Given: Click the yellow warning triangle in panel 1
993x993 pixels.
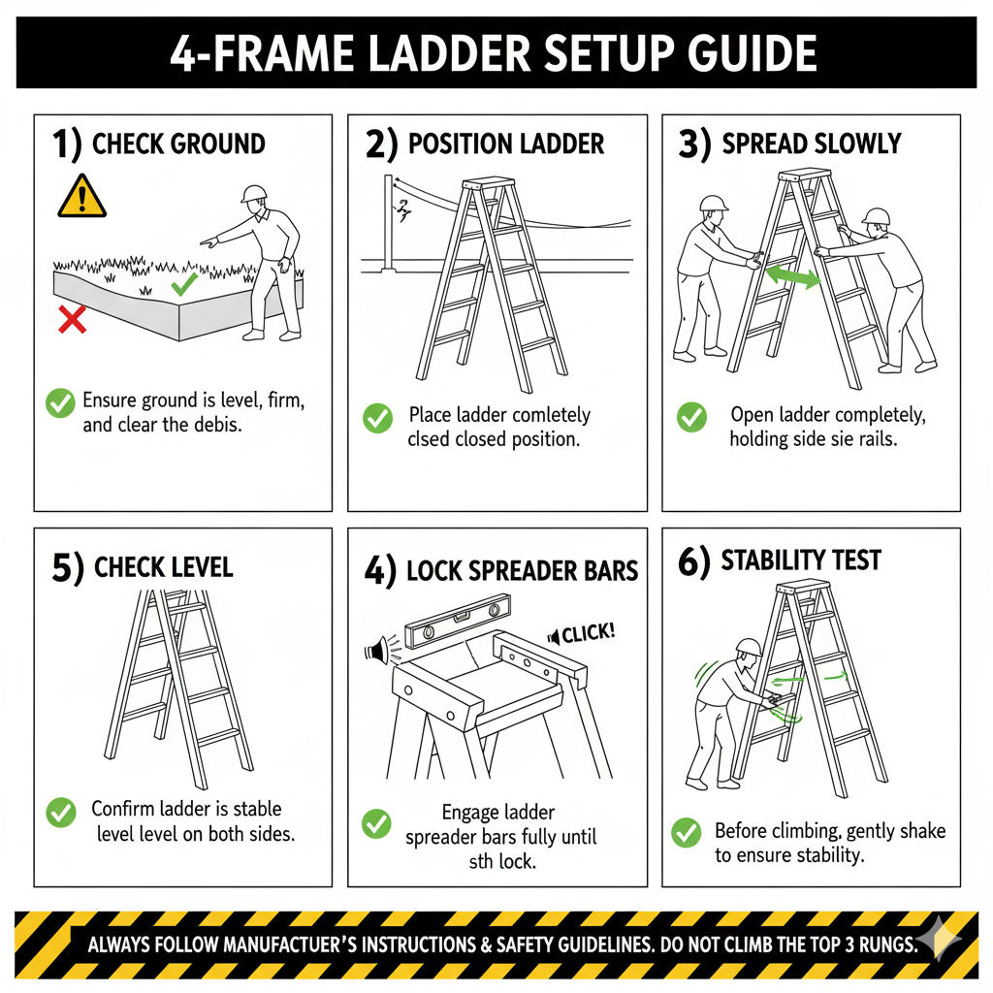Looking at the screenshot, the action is click(81, 197).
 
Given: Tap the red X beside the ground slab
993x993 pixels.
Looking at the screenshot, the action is click(72, 319).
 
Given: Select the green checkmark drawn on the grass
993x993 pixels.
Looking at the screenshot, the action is click(184, 284).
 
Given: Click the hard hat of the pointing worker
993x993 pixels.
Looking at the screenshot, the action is click(254, 194).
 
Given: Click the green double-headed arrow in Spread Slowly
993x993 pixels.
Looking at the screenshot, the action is click(793, 276).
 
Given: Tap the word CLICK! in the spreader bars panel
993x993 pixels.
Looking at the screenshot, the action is click(589, 632).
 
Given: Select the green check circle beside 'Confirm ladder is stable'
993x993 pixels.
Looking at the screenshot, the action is click(61, 813).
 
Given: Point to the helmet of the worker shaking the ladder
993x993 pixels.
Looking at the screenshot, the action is click(749, 647).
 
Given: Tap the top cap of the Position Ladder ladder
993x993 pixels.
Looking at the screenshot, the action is click(488, 183).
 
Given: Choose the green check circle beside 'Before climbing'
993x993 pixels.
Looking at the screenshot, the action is click(687, 833).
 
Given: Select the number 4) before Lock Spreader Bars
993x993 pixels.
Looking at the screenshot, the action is click(380, 570).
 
